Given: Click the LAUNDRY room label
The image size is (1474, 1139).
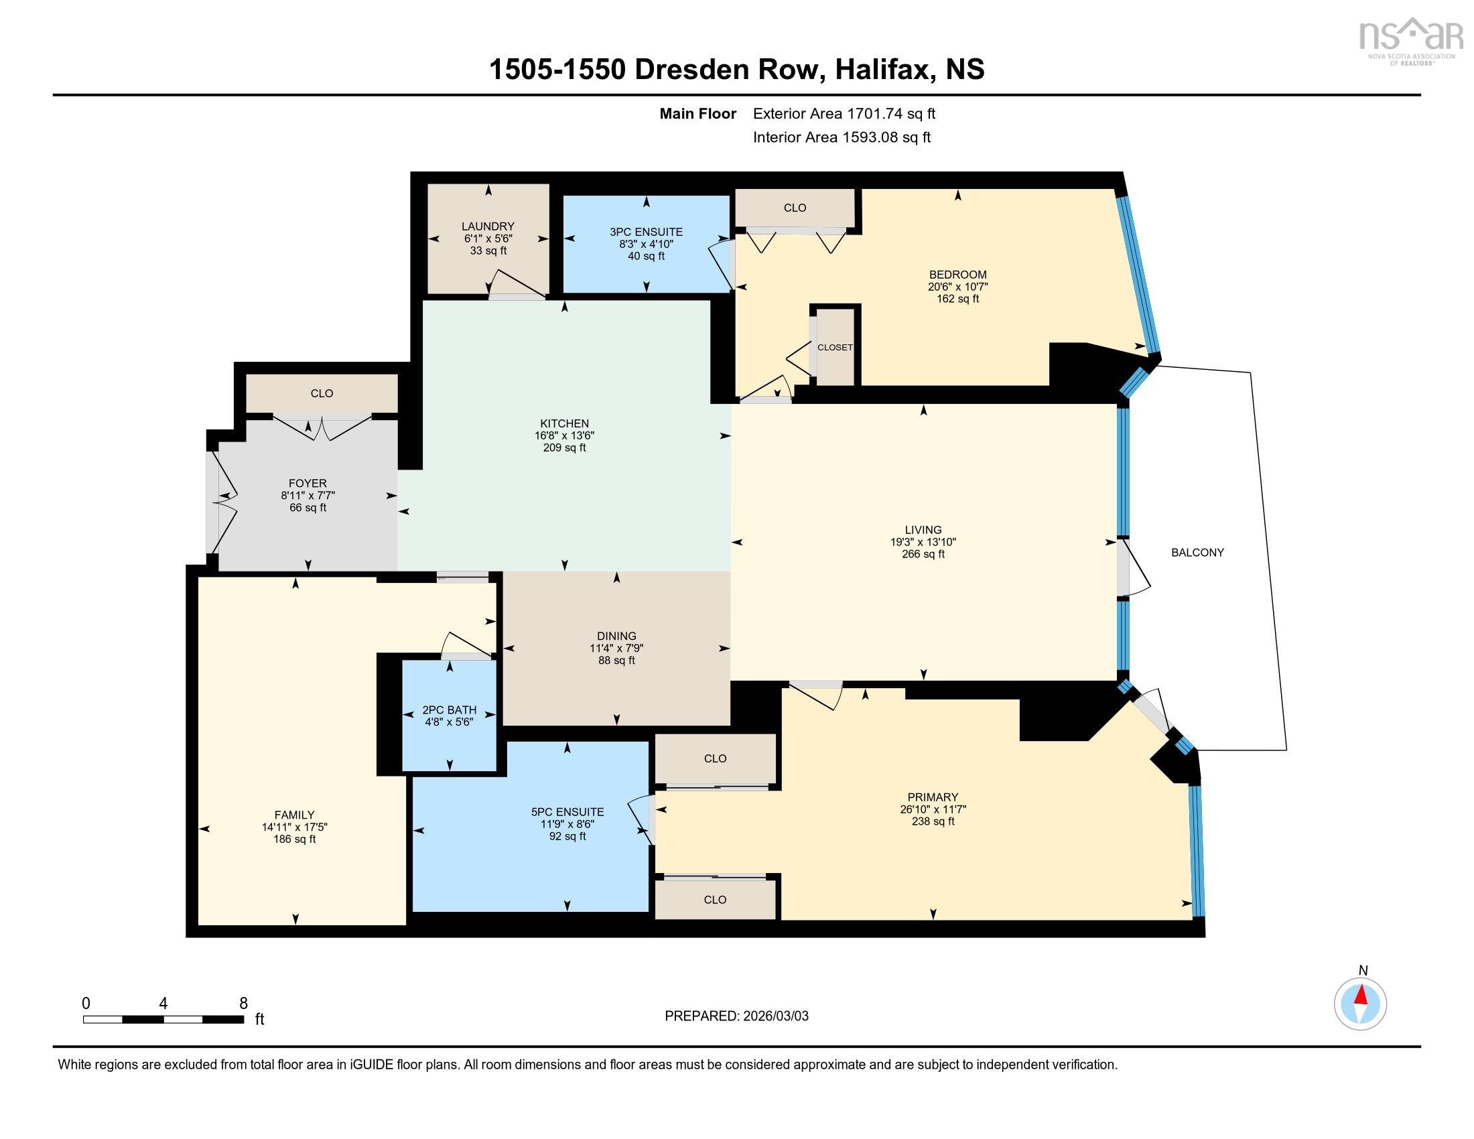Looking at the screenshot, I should (488, 226).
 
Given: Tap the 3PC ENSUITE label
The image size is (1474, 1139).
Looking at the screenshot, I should (646, 232).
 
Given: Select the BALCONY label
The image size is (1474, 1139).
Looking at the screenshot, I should (1197, 553).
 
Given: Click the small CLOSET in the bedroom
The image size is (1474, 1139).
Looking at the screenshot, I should (835, 348).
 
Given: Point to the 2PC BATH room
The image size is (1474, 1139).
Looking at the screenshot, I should (450, 716).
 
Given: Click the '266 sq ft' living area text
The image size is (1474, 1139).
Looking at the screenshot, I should (923, 554).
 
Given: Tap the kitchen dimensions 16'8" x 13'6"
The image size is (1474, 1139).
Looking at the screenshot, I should (564, 436).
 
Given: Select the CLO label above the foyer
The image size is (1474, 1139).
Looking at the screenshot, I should (322, 393).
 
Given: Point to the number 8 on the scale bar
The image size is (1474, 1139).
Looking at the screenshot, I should (243, 1004).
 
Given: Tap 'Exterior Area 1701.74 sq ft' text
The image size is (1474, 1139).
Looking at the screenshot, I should (844, 114).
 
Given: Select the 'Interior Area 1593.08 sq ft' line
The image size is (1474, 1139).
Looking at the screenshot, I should (842, 137).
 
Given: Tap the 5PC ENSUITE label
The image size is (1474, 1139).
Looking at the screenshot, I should (567, 813).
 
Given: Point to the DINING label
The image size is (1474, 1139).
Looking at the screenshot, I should (616, 636).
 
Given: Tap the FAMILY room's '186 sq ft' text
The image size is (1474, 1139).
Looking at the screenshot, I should (294, 840).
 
